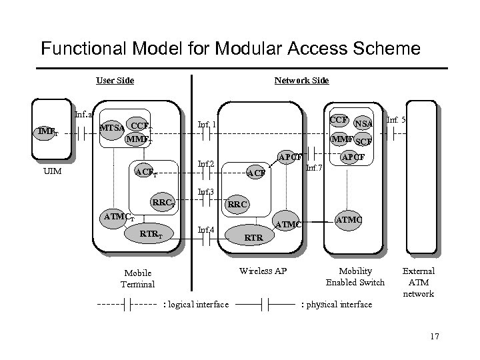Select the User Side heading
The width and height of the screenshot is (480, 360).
click(x=115, y=81)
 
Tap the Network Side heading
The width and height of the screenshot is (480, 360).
click(x=301, y=81)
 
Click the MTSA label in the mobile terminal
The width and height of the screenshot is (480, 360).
click(x=111, y=127)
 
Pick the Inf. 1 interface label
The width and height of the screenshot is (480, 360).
click(x=207, y=125)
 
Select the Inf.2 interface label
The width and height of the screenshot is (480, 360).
click(x=205, y=163)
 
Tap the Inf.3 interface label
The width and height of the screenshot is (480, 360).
click(x=205, y=193)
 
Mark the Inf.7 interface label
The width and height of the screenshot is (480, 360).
click(x=314, y=167)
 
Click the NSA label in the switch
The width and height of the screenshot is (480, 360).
click(x=363, y=124)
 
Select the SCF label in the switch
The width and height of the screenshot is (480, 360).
click(x=363, y=141)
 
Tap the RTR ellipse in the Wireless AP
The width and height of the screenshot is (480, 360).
click(x=254, y=236)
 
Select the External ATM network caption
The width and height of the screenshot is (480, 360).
click(x=419, y=282)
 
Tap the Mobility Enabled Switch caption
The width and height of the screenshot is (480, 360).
click(x=355, y=277)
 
